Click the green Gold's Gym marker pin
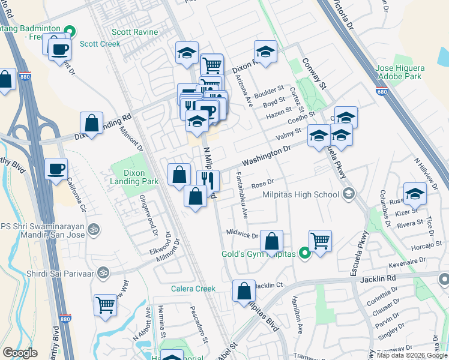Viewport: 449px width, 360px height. (x=304, y=254)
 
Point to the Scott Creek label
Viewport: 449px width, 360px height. (x=97, y=44)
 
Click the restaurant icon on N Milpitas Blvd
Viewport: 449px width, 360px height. (x=208, y=180)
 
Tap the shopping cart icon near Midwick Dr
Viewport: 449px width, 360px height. (x=320, y=241)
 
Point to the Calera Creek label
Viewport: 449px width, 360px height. (x=193, y=289)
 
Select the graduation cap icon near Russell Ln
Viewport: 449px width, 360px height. (x=415, y=193)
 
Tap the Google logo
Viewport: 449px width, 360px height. (x=19, y=353)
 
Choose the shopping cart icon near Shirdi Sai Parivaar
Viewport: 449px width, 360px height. (x=106, y=304)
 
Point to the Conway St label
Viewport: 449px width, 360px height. (x=315, y=73)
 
